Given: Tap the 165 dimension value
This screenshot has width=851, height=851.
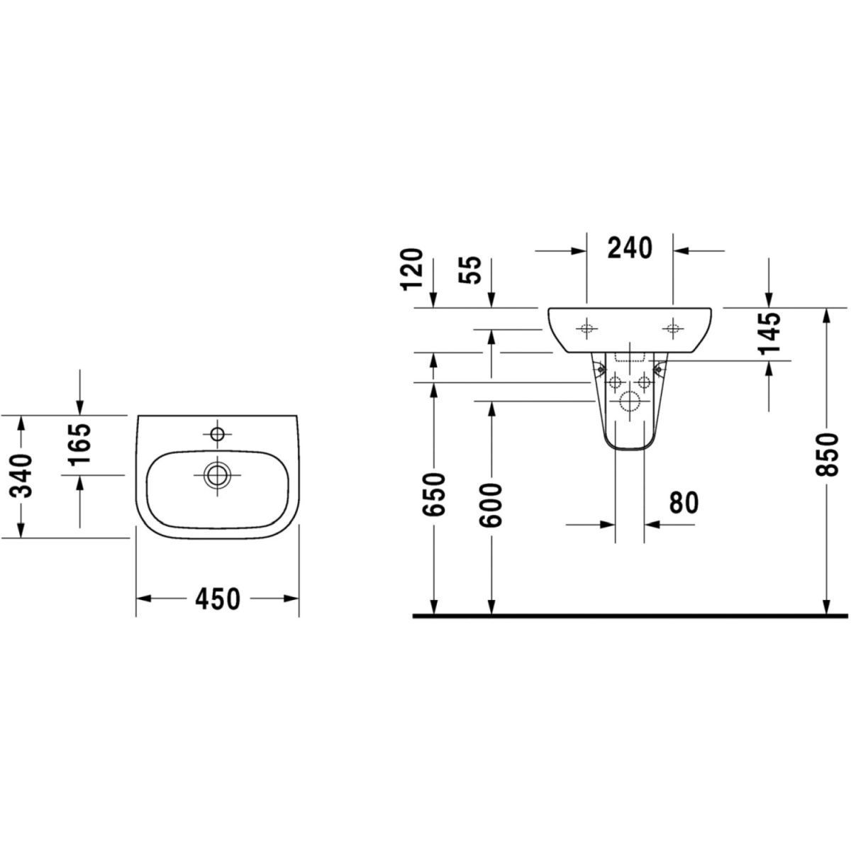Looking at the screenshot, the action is [x=80, y=444].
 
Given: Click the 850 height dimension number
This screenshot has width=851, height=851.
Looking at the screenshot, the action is [x=826, y=455].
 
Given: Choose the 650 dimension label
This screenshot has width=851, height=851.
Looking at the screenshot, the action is [x=433, y=494].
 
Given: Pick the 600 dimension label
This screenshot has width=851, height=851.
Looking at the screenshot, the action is [x=491, y=505].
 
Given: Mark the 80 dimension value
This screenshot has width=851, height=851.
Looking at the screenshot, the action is [x=684, y=503].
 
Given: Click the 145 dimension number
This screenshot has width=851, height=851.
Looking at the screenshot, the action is [x=769, y=333].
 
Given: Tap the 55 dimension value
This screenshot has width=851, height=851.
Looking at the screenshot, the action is [x=469, y=270].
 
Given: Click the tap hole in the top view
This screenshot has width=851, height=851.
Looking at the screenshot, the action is [x=217, y=434].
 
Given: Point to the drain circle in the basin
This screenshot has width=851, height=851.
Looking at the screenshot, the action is [x=217, y=475].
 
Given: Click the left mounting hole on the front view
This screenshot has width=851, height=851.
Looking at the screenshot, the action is [x=586, y=328].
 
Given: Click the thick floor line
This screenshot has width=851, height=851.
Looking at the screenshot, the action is [x=630, y=616].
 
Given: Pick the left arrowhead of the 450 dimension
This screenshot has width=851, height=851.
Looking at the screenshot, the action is [x=143, y=599].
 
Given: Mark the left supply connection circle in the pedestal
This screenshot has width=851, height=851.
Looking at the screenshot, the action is [x=615, y=382].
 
